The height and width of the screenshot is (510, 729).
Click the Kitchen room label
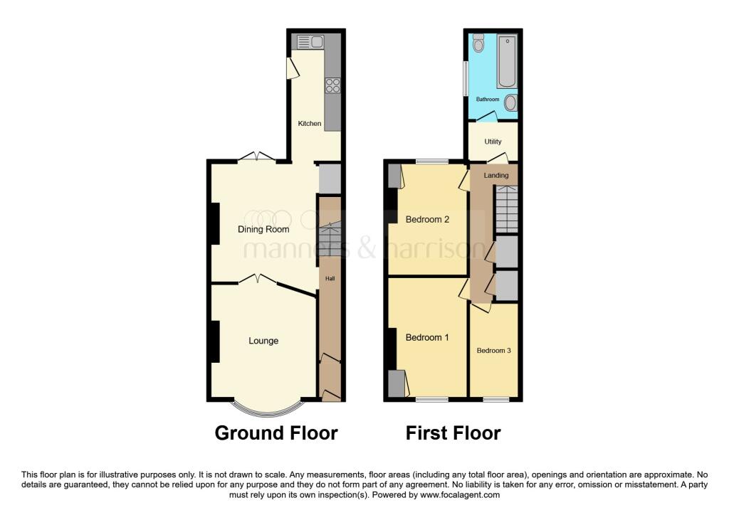pos(310,124)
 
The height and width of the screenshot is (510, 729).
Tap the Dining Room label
pos(263,229)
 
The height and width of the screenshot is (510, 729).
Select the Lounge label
pos(263,341)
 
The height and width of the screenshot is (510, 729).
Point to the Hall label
pos(330,279)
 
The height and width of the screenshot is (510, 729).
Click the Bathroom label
pos(488,100)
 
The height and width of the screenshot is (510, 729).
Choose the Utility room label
pos(493,142)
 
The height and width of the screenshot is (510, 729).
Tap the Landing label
pos(496,176)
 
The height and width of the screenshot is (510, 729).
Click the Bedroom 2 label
pos(427,220)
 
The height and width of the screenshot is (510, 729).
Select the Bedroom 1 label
pos(427,338)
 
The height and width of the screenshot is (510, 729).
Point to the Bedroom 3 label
pos(494,351)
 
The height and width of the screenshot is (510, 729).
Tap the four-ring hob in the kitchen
pos(332,85)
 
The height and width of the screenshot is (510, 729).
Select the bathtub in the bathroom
pos(507,61)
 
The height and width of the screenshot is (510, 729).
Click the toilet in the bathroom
pos(478,43)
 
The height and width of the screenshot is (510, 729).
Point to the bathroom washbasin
pos(510,102)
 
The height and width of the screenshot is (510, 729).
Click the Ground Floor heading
pos(276,433)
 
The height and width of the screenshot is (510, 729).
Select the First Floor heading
pos(453,433)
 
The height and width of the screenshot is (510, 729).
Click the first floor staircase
pos(506,209)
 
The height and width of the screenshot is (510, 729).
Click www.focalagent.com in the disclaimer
pos(460,495)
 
